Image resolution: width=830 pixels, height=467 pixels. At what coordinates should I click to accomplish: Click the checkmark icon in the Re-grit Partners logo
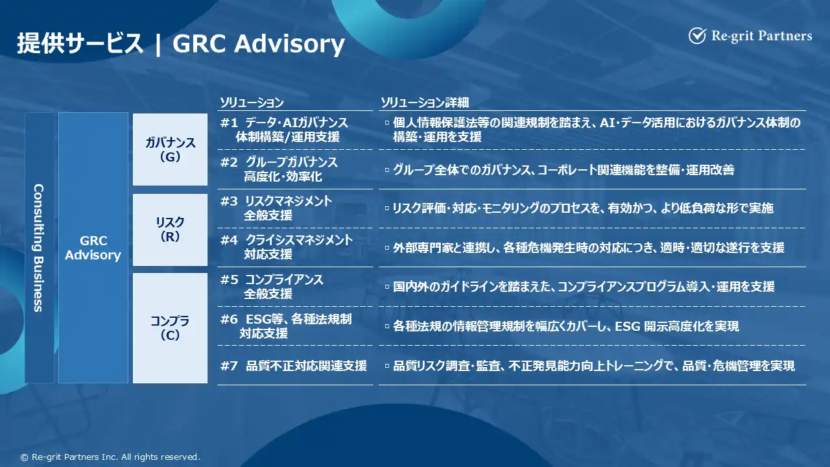pos(697,36)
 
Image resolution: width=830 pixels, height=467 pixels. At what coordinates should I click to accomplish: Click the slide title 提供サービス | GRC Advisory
pos(181,43)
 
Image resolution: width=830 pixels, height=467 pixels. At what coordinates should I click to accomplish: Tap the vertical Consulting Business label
pos(38,248)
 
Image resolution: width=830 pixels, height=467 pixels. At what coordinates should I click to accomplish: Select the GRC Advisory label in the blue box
pos(93,248)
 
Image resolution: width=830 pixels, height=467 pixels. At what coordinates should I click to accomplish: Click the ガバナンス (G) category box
pos(170,149)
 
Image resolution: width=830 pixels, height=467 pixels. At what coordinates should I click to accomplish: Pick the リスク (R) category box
pos(170,230)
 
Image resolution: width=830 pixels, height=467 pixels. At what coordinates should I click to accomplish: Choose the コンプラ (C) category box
pos(170,328)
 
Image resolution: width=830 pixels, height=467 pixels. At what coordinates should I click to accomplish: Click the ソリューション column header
pos(252,102)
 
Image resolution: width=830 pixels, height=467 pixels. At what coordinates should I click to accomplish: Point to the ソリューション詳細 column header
pos(425,102)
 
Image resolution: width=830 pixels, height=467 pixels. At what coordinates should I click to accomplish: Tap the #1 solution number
pos(229,123)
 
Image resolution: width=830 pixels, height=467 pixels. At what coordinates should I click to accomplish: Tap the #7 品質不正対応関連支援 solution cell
pos(294,366)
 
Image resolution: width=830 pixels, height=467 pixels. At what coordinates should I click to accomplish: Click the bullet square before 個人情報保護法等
pos(387,123)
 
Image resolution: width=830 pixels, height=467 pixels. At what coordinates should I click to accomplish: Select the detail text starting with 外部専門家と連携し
pos(588,248)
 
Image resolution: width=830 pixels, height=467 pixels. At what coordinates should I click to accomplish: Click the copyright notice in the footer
pos(110,457)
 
